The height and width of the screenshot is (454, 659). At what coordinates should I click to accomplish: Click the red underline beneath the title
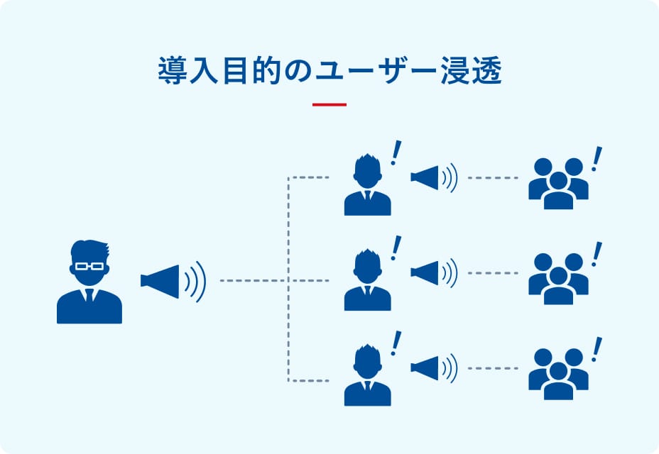coord(329,105)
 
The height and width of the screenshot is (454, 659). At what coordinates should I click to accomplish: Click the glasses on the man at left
coord(89,266)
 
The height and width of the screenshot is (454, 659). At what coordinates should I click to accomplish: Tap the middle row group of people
coord(558,278)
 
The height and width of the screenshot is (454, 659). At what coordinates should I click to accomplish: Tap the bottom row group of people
coord(558,374)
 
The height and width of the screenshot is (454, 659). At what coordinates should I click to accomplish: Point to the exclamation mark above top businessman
coord(396,152)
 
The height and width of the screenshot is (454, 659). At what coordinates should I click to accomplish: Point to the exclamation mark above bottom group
coord(597,348)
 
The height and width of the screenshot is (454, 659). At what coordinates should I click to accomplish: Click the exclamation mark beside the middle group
coord(597,253)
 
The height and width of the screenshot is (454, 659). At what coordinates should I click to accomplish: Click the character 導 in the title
coord(169,72)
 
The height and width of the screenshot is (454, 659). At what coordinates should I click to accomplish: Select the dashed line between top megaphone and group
coord(493,177)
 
